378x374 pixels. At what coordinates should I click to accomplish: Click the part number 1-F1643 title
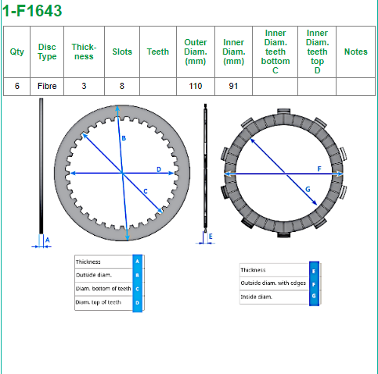(32, 11)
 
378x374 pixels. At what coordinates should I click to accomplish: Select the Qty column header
(17, 52)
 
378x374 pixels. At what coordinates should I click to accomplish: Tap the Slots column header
(122, 52)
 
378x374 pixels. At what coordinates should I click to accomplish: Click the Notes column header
(356, 52)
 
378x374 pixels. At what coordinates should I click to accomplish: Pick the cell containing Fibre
(47, 86)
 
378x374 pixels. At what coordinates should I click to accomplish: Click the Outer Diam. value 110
(196, 86)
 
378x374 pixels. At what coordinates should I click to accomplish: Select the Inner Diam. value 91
(233, 86)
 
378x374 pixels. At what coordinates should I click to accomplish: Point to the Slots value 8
(122, 86)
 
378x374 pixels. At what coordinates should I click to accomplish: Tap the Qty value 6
(17, 86)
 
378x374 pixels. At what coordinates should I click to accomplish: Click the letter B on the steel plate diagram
(124, 138)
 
